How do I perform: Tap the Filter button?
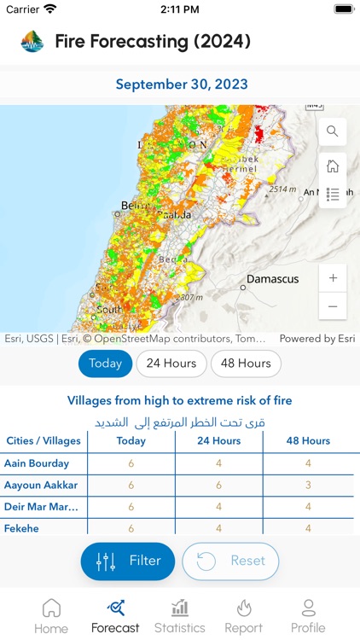coord(128,561)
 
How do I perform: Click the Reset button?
coord(230,561)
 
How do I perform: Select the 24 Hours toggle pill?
coord(171,364)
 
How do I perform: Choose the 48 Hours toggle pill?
coord(246,364)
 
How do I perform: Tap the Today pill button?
coord(106,364)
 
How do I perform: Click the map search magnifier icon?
coord(333,131)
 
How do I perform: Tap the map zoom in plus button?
coord(333,278)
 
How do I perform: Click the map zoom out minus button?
coord(333,305)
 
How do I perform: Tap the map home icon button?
coord(333,166)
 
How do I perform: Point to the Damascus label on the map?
coord(272,279)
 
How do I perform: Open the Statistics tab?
coord(180,616)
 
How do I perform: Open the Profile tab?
coord(308,616)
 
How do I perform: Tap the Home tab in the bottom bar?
coord(51,616)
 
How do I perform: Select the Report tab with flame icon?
coord(243,616)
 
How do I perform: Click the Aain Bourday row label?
coord(36,463)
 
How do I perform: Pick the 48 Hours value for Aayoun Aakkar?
coord(308,486)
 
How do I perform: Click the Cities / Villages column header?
coord(44,441)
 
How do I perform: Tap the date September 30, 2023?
coord(182,84)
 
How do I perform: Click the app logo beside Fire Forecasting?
coord(32,41)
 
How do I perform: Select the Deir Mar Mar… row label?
coord(43,507)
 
